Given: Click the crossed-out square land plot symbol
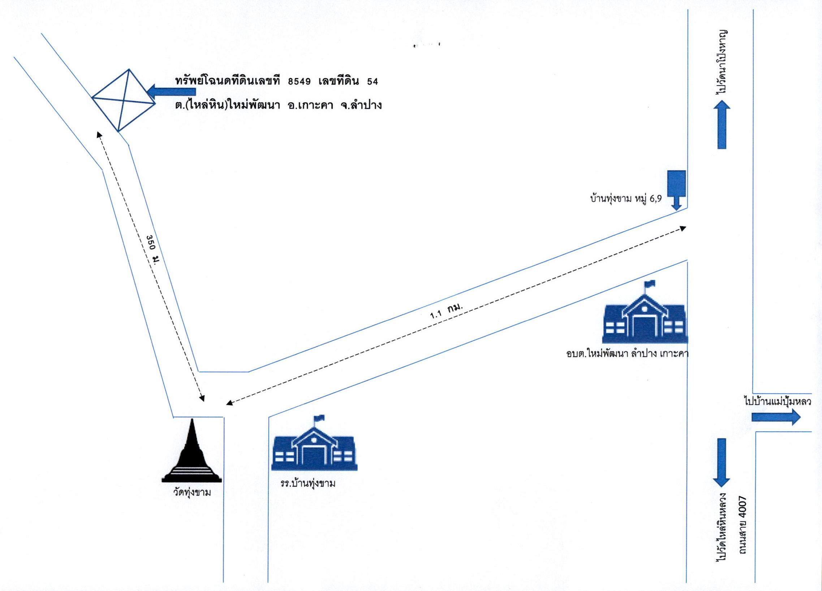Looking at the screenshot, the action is pos(124,100).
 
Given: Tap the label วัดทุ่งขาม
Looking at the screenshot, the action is pos(192,493).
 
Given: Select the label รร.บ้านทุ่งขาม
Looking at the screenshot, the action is pos(308,484).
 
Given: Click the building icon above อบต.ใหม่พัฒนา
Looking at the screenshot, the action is pos(645,313).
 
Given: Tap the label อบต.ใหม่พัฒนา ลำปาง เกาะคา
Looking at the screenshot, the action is pos(627,354).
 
